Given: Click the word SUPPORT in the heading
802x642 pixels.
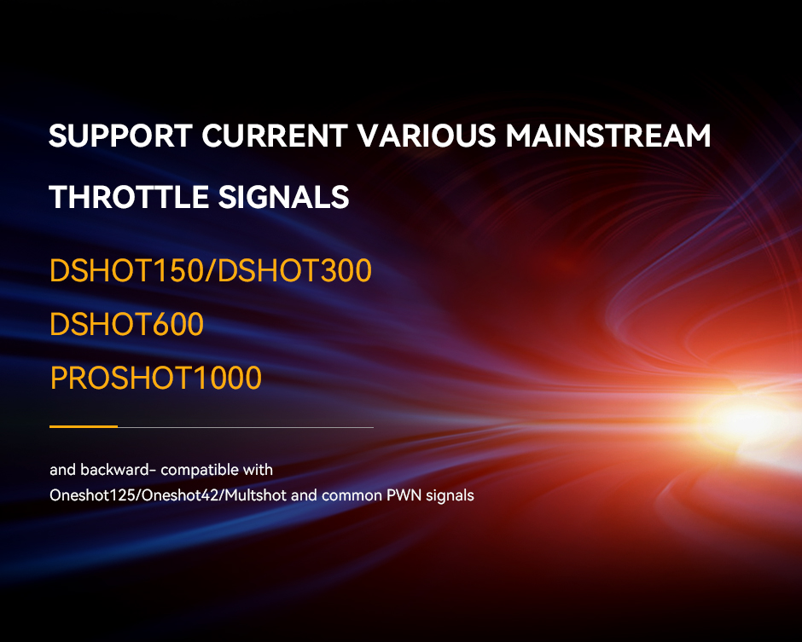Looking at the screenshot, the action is [120, 136].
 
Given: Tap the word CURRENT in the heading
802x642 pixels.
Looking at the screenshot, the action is [275, 136].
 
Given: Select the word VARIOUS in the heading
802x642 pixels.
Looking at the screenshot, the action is [427, 136].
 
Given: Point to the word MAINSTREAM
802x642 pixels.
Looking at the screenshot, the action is [608, 136].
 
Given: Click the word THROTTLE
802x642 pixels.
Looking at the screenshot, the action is [129, 197].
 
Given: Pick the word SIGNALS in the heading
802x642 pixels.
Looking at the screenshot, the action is [284, 197].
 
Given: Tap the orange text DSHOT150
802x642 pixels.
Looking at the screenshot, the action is [126, 270].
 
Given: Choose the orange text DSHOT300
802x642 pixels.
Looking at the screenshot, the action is [294, 270].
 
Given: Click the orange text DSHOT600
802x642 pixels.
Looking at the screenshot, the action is [126, 324].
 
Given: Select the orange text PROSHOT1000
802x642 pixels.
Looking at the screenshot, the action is [155, 379].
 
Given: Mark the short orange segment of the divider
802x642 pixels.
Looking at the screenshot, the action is [84, 426].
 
